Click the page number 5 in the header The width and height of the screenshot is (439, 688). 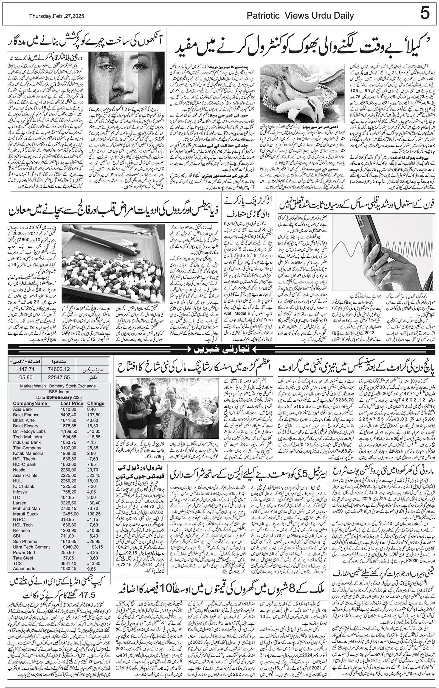click(x=425, y=13)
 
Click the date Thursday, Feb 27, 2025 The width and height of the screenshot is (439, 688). click(x=57, y=16)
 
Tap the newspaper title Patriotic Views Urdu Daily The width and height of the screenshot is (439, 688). click(x=300, y=16)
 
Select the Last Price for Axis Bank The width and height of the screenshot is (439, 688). click(x=69, y=409)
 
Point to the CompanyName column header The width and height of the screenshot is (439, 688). click(x=30, y=404)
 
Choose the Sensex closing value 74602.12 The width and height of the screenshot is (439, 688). click(x=59, y=369)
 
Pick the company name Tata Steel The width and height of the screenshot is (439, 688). click(x=23, y=558)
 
